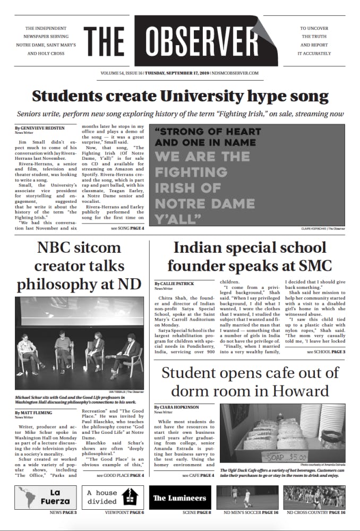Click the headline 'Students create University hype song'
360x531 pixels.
click(x=180, y=97)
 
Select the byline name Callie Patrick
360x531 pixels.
click(x=175, y=284)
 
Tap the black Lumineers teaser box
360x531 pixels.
click(x=180, y=498)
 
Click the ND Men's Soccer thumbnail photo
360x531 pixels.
click(x=248, y=497)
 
